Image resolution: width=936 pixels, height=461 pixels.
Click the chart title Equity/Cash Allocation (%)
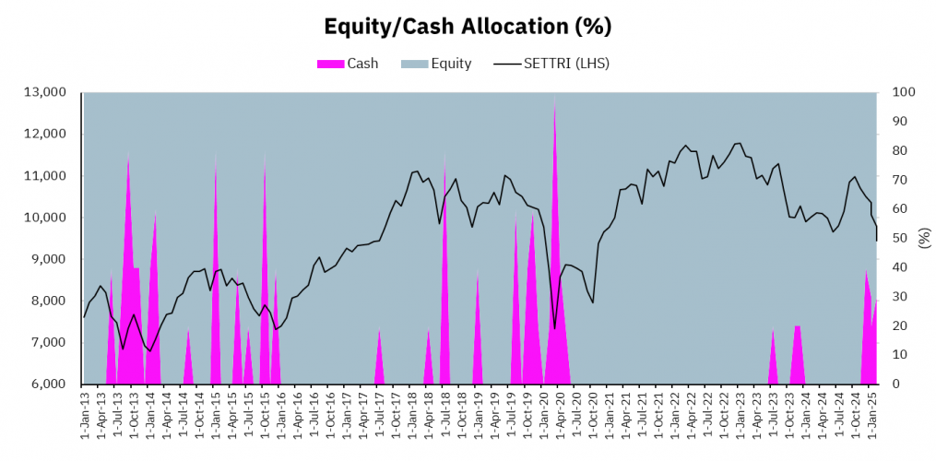click(468, 27)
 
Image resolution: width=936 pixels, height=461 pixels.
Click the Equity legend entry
click(451, 64)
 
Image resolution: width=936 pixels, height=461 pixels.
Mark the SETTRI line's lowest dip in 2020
click(554, 327)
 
